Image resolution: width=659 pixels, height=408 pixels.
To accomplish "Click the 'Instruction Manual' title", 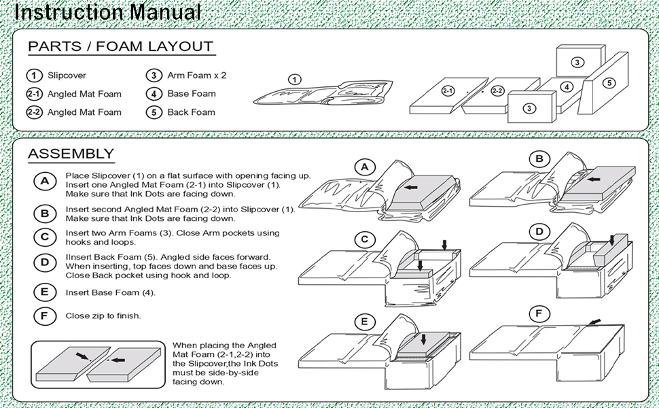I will [107, 12].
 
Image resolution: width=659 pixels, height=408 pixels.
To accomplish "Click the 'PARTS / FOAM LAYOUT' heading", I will [120, 47].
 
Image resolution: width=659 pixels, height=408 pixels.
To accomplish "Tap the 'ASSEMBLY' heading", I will [71, 154].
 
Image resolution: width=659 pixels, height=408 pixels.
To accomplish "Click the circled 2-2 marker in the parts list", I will [34, 112].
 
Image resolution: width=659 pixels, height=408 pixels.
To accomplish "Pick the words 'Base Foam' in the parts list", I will [191, 94].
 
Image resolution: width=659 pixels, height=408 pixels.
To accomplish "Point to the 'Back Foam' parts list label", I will [191, 112].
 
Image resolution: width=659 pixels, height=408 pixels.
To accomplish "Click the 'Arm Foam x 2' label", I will [196, 75].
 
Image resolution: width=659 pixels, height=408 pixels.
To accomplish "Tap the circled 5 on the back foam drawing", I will [609, 83].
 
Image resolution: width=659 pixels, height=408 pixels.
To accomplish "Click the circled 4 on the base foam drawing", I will [567, 87].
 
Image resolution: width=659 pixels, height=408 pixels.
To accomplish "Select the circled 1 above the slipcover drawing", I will [294, 80].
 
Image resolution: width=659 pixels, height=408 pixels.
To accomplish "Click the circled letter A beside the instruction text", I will [45, 181].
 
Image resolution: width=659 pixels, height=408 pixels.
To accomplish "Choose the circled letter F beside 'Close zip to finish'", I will [45, 316].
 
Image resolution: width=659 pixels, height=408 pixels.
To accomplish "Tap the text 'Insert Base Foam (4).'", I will [110, 292].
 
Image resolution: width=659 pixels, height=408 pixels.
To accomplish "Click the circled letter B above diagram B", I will [539, 160].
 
